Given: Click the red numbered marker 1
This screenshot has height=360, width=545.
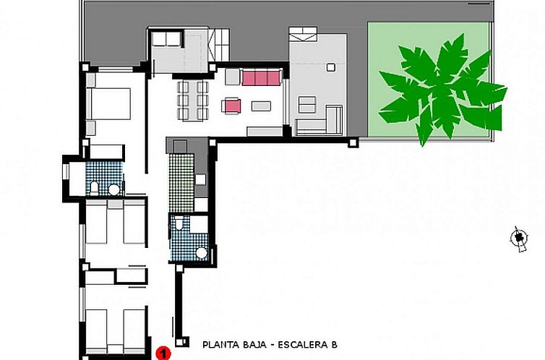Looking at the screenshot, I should click(x=163, y=353).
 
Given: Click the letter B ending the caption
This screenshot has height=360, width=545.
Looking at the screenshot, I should click(x=335, y=346).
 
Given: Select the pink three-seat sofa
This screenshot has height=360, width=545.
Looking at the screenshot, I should click(x=261, y=77).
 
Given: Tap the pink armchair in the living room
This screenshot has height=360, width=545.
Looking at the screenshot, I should click(x=231, y=106).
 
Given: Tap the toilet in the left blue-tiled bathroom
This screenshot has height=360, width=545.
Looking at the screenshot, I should click(x=94, y=188).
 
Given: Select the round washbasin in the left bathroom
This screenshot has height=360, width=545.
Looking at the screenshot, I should click(x=113, y=189).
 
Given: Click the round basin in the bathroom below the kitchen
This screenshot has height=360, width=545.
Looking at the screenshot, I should click(x=202, y=252).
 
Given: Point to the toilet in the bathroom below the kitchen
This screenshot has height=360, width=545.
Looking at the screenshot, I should click(x=178, y=226).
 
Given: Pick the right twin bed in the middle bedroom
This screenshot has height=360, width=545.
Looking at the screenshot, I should click(x=134, y=224).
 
